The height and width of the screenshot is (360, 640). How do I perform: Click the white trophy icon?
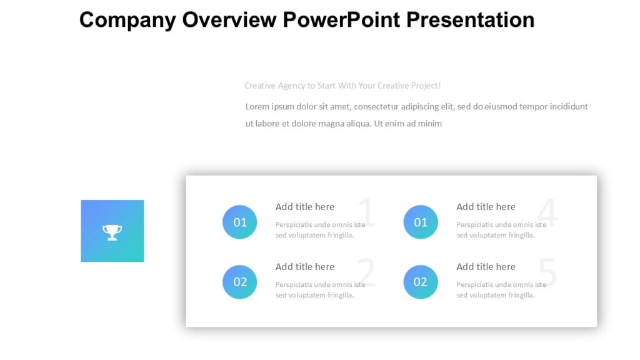(x=112, y=232)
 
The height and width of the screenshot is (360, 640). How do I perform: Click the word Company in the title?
(x=127, y=19)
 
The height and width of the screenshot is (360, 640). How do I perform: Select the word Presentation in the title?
(x=470, y=19)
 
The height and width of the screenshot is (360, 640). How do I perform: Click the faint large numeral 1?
(x=367, y=214)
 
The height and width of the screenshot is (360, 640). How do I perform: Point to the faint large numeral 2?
(x=367, y=273)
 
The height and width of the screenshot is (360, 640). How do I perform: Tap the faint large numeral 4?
(x=547, y=214)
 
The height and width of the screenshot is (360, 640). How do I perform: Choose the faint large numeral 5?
(x=547, y=273)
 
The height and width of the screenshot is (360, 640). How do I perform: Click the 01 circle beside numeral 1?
(x=240, y=222)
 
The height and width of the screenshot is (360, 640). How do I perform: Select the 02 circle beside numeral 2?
(x=240, y=282)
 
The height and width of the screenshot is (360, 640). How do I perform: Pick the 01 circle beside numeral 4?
(x=421, y=222)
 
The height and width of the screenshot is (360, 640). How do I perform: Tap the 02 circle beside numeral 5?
(x=421, y=282)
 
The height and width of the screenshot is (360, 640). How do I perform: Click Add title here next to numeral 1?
(x=305, y=207)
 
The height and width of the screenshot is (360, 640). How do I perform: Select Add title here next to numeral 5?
(x=486, y=267)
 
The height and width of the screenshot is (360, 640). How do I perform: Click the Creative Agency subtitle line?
(x=342, y=86)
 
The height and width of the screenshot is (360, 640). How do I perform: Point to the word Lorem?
(x=258, y=107)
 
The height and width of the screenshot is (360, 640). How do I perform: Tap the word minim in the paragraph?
(x=431, y=124)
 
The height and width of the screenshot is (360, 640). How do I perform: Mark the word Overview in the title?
(x=229, y=19)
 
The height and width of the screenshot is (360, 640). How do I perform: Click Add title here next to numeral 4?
(x=486, y=207)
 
